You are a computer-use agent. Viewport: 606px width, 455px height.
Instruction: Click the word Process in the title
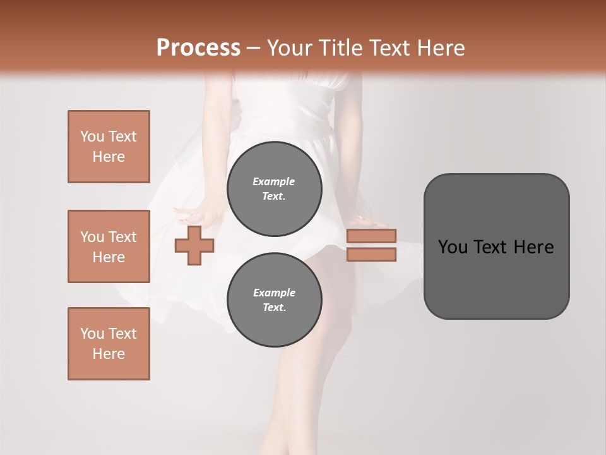pyautogui.click(x=198, y=48)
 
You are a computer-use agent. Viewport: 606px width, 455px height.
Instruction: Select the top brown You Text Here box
pyautogui.click(x=109, y=147)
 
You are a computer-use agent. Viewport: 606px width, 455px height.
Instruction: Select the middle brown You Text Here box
pyautogui.click(x=109, y=246)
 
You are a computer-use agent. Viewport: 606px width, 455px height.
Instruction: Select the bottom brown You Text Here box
pyautogui.click(x=109, y=344)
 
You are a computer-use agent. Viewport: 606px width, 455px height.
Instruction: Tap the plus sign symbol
pyautogui.click(x=194, y=246)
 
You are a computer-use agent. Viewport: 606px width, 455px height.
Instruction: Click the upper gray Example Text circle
pyautogui.click(x=274, y=189)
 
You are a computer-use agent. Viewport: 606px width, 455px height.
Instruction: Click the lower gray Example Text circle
pyautogui.click(x=274, y=300)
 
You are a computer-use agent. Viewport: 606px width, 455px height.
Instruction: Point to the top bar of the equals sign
pyautogui.click(x=371, y=236)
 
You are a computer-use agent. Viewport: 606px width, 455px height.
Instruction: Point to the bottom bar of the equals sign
pyautogui.click(x=371, y=255)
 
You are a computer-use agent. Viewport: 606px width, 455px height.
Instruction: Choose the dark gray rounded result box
pyautogui.click(x=496, y=278)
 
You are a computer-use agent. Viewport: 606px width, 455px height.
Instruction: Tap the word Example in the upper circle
pyautogui.click(x=273, y=181)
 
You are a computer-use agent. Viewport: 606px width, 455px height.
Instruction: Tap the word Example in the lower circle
pyautogui.click(x=274, y=293)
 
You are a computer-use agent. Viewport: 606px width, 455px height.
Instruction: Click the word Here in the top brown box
pyautogui.click(x=109, y=157)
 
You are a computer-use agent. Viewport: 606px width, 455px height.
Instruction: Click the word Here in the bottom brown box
pyautogui.click(x=109, y=354)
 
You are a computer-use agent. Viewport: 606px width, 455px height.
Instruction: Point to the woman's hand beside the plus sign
pyautogui.click(x=189, y=215)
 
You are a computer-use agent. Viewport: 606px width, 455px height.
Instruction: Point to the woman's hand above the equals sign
pyautogui.click(x=372, y=222)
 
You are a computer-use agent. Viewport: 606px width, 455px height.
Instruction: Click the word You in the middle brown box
pyautogui.click(x=91, y=237)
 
